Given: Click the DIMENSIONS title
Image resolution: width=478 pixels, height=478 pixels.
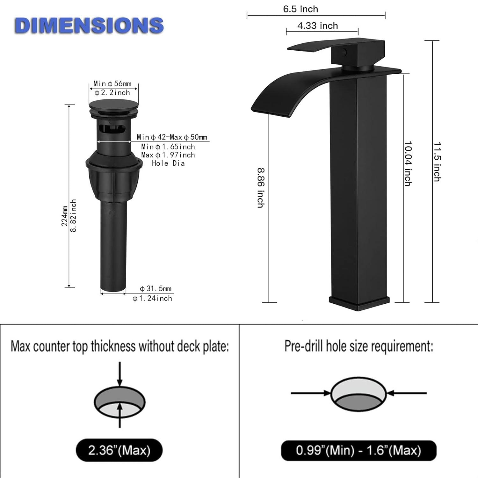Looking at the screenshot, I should [89, 25].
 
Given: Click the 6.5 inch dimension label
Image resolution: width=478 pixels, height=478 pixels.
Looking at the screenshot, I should [301, 9].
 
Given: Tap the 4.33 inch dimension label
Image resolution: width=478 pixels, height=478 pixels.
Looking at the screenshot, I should [317, 26].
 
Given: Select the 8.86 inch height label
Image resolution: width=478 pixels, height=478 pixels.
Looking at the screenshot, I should [261, 188].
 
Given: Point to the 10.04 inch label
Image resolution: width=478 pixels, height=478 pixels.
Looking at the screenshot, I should [408, 163].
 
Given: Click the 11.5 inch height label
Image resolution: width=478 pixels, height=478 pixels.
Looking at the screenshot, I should [437, 162].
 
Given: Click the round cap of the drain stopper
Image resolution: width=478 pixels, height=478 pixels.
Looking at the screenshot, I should [113, 104].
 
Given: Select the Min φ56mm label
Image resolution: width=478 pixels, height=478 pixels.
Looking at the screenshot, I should [112, 84].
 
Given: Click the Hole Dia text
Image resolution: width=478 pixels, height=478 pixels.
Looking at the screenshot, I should [168, 163].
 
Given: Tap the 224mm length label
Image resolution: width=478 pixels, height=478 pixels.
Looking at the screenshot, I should [64, 216].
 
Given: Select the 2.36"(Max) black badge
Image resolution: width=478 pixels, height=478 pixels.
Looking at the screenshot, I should [119, 450].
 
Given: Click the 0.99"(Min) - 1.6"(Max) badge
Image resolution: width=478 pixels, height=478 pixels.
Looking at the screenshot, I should [358, 450].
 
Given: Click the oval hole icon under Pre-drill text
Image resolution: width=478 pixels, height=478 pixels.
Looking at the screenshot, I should [358, 394].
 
